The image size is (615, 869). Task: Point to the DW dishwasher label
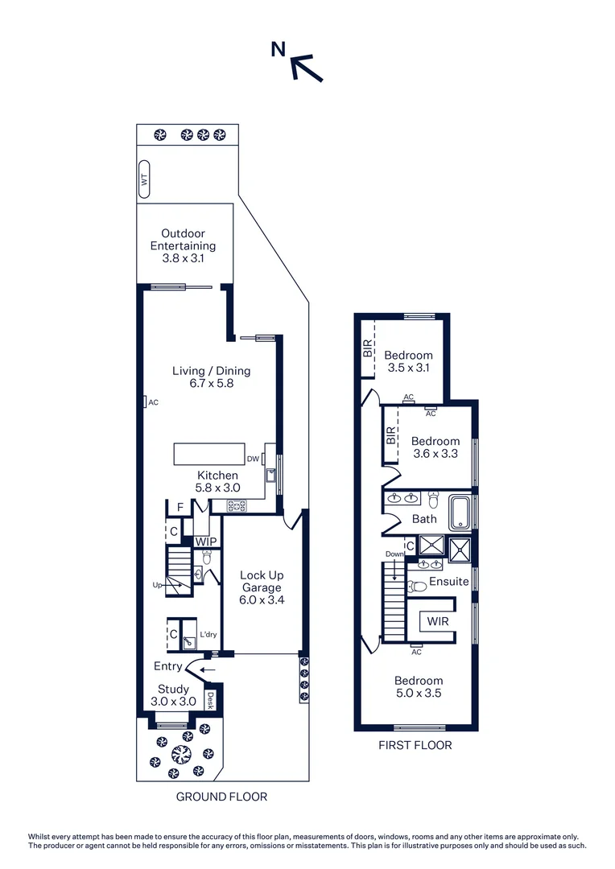click(253, 459)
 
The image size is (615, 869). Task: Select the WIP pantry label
click(205, 542)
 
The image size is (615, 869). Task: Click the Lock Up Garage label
click(262, 587)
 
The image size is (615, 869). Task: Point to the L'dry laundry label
click(208, 635)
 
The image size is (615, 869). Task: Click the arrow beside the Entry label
click(208, 668)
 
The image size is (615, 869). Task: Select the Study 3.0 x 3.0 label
click(173, 694)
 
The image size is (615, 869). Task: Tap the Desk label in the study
click(212, 699)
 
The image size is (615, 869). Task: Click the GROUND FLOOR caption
click(221, 797)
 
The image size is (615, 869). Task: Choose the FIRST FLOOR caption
click(415, 745)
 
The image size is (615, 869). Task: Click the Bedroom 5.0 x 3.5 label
click(419, 686)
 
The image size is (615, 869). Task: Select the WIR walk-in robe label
click(438, 622)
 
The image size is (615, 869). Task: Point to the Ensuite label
click(449, 581)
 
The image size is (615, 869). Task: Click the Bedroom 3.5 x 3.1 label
click(408, 361)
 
